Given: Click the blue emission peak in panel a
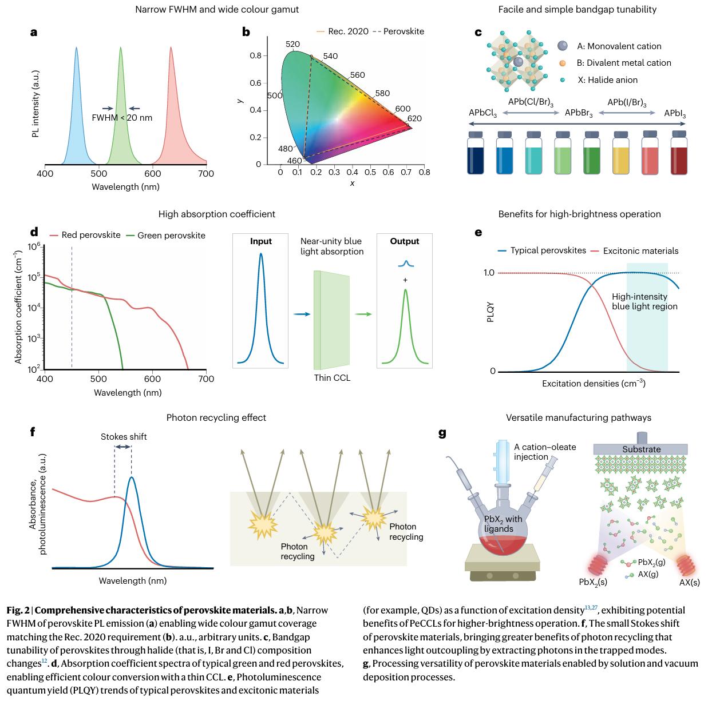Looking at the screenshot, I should (x=77, y=109).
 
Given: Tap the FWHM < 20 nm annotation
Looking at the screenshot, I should (x=122, y=118).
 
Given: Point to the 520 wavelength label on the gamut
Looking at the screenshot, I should (x=292, y=45).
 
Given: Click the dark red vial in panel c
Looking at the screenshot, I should (x=679, y=153).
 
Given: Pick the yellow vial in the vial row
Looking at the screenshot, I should (x=621, y=153).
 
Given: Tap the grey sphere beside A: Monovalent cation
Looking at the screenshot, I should (x=563, y=46).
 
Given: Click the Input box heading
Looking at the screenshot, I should (x=261, y=241).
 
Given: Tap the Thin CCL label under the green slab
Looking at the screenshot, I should (x=332, y=378).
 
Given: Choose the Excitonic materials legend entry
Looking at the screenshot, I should (x=640, y=251).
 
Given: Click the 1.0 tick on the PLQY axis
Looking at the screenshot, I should (x=489, y=273).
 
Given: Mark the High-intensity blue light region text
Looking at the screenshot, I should (x=644, y=301).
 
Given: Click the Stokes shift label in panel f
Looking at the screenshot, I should (x=123, y=437).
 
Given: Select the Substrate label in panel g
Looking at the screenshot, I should (x=641, y=449).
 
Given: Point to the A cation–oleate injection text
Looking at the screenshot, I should (x=537, y=452).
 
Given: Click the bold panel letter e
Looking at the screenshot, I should (x=478, y=233).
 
